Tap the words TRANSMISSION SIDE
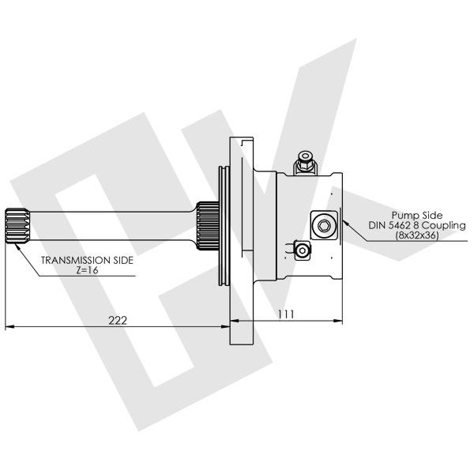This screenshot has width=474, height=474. click(x=87, y=259)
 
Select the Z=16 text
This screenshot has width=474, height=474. click(x=87, y=270)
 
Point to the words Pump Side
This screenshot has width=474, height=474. click(x=416, y=214)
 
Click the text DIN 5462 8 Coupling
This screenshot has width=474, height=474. click(x=417, y=225)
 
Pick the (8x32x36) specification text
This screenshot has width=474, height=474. click(x=417, y=235)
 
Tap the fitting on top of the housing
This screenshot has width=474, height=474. click(x=304, y=164)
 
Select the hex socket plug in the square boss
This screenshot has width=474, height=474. click(x=324, y=226)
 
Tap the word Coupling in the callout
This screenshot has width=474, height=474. click(x=444, y=225)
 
